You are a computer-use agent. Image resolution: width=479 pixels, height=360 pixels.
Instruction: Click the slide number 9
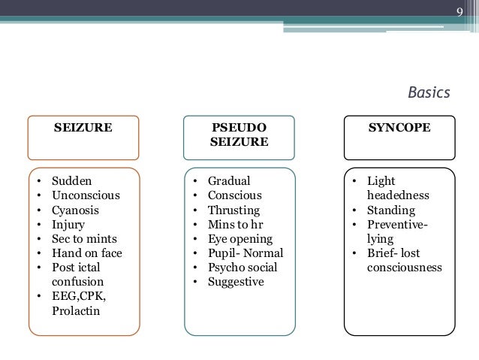pyautogui.click(x=462, y=11)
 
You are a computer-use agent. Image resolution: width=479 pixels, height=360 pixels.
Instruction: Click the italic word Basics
pyautogui.click(x=429, y=92)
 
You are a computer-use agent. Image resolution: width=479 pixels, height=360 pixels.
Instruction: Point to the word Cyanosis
pyautogui.click(x=75, y=210)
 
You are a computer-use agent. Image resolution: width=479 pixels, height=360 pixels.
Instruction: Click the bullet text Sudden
pyautogui.click(x=72, y=182)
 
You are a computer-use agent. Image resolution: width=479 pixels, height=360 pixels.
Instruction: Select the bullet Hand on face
pyautogui.click(x=86, y=253)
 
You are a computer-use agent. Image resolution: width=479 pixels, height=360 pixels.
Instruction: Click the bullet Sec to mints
pyautogui.click(x=83, y=239)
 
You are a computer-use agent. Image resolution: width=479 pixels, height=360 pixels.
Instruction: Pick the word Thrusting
pyautogui.click(x=233, y=210)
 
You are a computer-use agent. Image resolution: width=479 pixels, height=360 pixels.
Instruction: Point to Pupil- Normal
pyautogui.click(x=246, y=253)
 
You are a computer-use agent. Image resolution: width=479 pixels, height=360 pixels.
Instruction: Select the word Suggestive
pyautogui.click(x=236, y=282)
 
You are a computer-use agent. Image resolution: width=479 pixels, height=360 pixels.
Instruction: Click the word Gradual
pyautogui.click(x=229, y=182)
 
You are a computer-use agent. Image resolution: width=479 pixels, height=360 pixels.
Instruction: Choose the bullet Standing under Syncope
pyautogui.click(x=391, y=210)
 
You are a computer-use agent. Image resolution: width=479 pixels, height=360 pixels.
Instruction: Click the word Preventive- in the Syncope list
pyautogui.click(x=397, y=225)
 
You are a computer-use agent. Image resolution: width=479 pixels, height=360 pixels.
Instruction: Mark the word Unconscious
pyautogui.click(x=86, y=196)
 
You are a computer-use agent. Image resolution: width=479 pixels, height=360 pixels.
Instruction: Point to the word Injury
pyautogui.click(x=68, y=225)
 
